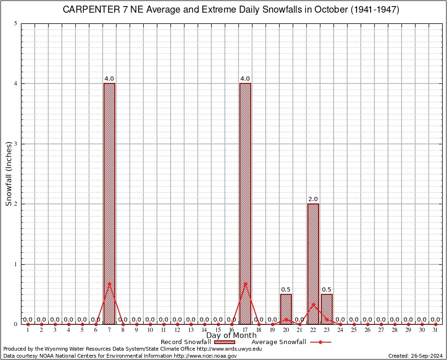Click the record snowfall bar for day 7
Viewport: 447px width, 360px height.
coord(109,203)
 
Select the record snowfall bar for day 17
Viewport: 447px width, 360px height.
coord(245,203)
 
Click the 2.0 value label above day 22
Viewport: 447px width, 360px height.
coord(313,199)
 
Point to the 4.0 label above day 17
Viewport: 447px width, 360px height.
coord(245,79)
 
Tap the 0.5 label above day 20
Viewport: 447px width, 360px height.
coord(286,290)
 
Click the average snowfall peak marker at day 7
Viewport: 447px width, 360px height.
coord(109,283)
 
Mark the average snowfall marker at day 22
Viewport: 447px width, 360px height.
coord(313,304)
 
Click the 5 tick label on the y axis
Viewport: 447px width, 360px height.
coord(16,23)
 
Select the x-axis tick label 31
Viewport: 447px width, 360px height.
coord(435,330)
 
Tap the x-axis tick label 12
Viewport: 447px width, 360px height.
coord(177,330)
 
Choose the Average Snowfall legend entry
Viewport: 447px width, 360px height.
coord(279,342)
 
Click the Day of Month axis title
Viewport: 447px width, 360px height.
coord(231,335)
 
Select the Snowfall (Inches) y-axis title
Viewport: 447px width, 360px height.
coord(8,174)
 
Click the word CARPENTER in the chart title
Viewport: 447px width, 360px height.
coord(90,10)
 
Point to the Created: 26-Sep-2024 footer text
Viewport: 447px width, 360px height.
coord(416,356)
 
